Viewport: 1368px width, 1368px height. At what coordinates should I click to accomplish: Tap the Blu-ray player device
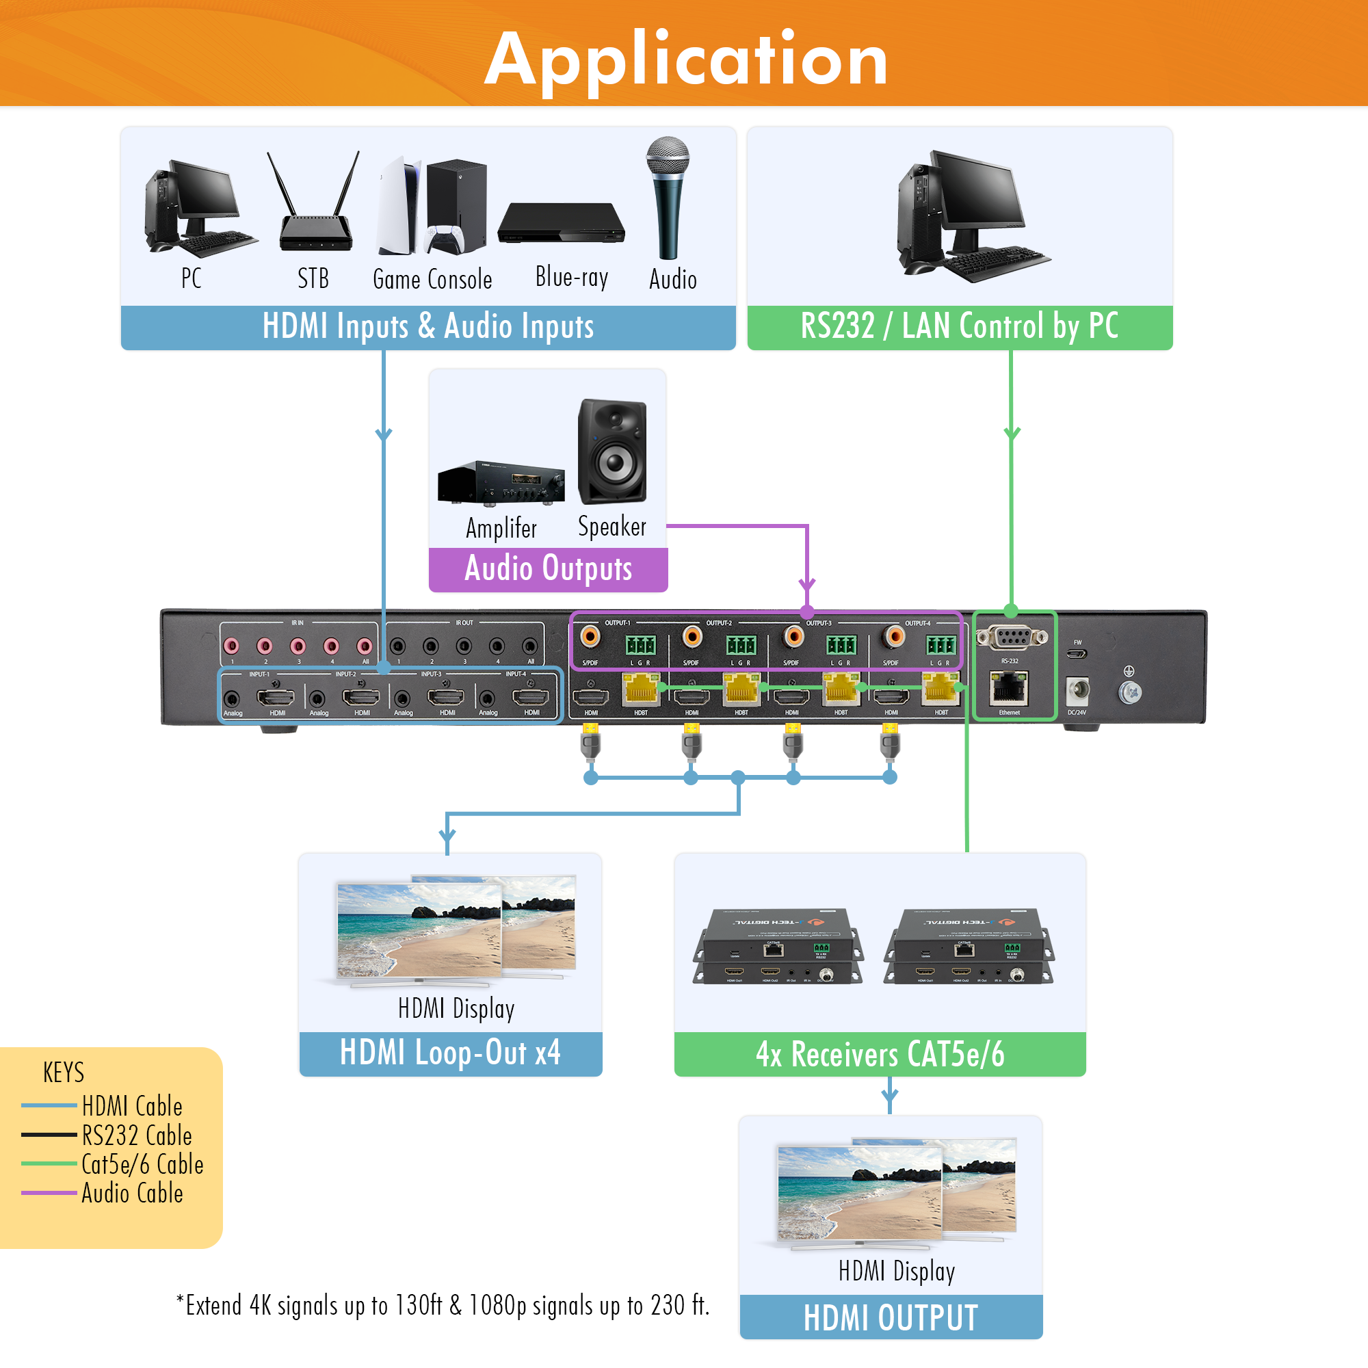(x=561, y=224)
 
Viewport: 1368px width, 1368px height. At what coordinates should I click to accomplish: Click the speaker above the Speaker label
(x=612, y=451)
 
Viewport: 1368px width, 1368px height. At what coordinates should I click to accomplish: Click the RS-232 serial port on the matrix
(x=1011, y=638)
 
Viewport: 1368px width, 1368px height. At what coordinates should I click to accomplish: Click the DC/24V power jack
(x=1077, y=689)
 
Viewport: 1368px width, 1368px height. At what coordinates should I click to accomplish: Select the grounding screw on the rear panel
(x=1129, y=692)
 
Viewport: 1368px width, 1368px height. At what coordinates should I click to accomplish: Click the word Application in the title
(x=685, y=60)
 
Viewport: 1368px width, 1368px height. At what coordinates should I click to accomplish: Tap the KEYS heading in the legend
(x=64, y=1073)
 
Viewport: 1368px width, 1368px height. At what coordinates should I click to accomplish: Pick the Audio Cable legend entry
(x=132, y=1193)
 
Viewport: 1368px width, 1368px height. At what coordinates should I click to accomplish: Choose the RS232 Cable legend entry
(x=137, y=1135)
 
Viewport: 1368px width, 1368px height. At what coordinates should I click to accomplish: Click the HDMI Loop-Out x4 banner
(x=450, y=1053)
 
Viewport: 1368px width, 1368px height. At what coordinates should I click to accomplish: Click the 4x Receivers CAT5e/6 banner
(x=880, y=1054)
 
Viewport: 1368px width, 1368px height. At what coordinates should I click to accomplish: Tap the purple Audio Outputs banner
(x=548, y=568)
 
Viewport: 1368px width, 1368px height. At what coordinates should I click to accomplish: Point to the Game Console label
(x=432, y=280)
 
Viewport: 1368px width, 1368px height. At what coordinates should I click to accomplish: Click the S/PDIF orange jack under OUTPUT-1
(x=590, y=637)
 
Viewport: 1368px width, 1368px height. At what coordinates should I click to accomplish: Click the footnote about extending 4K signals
(x=443, y=1305)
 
